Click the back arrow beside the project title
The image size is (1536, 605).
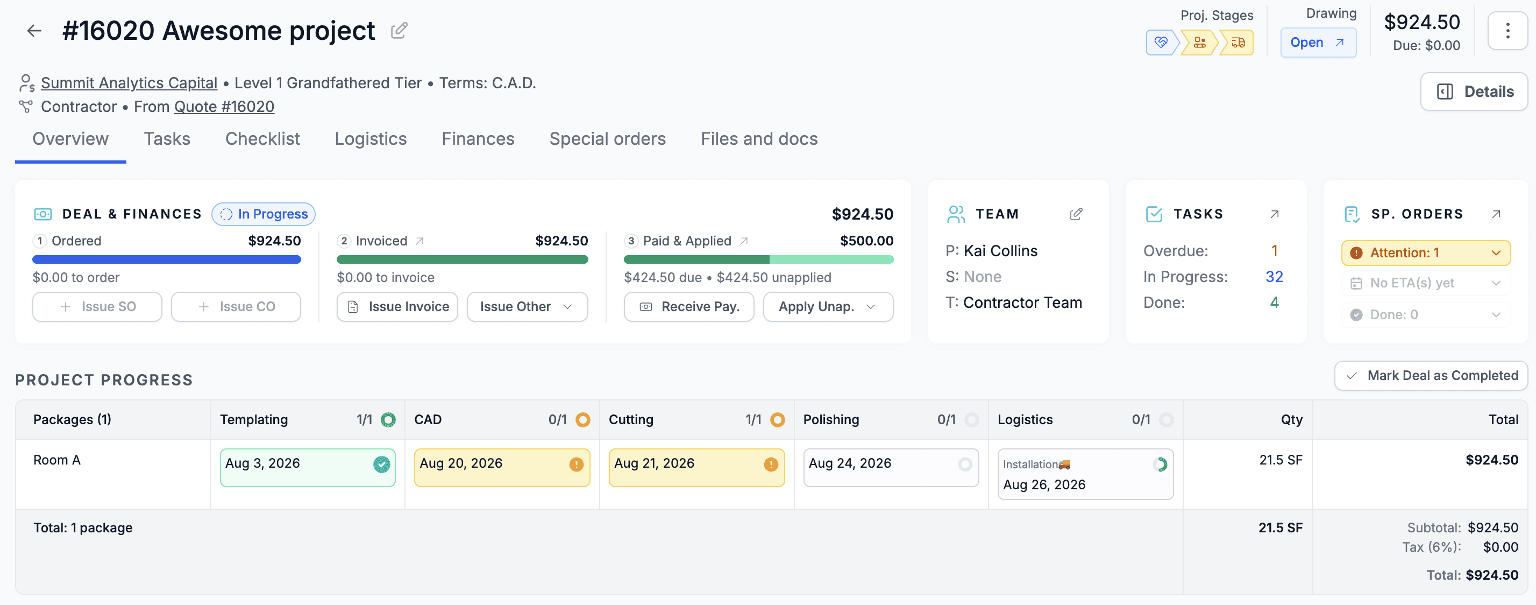coord(34,31)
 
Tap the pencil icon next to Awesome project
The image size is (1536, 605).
coord(399,31)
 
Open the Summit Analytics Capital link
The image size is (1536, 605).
coord(129,83)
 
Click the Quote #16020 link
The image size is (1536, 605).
coord(224,107)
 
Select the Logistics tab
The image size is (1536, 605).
coord(370,139)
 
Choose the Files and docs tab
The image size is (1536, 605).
coord(759,139)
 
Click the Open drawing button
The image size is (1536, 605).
coord(1318,43)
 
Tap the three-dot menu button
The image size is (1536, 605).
coord(1507,31)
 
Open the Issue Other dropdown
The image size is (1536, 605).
coord(527,307)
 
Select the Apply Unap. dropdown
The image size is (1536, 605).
coord(828,307)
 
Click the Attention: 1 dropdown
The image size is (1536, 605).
coord(1426,253)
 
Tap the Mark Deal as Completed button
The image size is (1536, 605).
coord(1431,376)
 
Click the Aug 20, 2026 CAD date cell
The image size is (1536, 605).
coord(502,468)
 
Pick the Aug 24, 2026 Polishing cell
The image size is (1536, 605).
coord(891,468)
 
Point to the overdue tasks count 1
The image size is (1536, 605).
coord(1274,251)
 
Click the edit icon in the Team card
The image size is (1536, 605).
coord(1076,214)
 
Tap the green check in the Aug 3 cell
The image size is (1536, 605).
coord(382,464)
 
